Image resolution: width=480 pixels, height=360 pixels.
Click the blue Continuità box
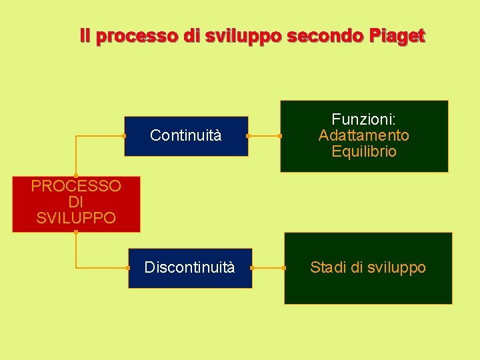185,136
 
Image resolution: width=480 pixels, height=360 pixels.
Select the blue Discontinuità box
190,268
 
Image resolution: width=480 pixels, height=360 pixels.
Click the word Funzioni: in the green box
364,119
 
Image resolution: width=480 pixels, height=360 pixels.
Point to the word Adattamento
364,135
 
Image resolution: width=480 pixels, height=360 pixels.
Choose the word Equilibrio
364,151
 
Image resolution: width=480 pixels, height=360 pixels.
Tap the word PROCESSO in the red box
76,186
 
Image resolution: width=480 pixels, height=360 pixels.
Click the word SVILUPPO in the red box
76,218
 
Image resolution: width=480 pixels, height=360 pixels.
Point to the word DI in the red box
76,202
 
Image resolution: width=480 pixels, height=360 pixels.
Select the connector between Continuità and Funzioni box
264,136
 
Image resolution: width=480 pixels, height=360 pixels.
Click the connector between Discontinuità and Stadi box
268,268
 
